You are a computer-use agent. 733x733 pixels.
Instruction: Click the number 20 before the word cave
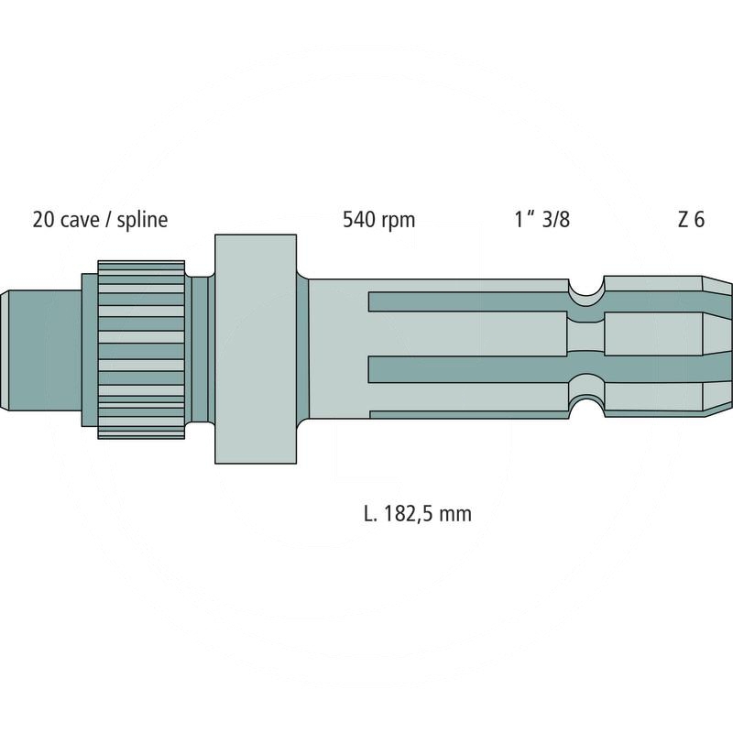point(42,221)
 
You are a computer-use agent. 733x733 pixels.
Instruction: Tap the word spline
point(142,221)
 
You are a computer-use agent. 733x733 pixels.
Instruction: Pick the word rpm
point(399,221)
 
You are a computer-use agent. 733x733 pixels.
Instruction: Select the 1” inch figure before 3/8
point(524,221)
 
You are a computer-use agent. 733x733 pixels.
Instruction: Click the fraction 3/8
point(554,221)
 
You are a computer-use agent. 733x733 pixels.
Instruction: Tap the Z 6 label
point(692,221)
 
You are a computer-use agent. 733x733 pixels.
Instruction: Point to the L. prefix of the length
point(370,514)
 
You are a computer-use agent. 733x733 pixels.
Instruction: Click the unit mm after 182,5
point(455,514)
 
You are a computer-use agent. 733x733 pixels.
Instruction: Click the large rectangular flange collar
point(256,348)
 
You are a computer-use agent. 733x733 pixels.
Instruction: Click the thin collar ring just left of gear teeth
point(89,348)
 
